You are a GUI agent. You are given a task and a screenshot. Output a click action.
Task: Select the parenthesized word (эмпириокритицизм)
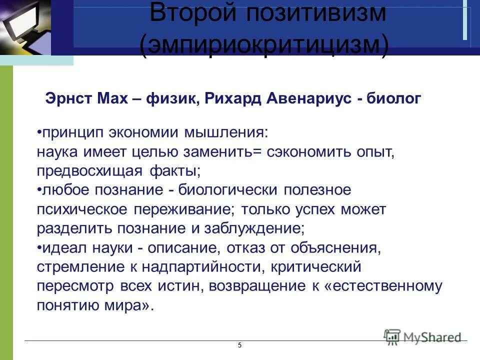click(264, 46)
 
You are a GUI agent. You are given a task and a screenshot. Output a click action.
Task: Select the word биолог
click(394, 99)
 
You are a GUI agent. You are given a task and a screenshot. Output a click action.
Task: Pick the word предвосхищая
click(89, 170)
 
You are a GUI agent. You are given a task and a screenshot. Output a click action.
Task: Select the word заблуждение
click(260, 228)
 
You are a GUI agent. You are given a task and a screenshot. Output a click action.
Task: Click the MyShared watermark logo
click(422, 336)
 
